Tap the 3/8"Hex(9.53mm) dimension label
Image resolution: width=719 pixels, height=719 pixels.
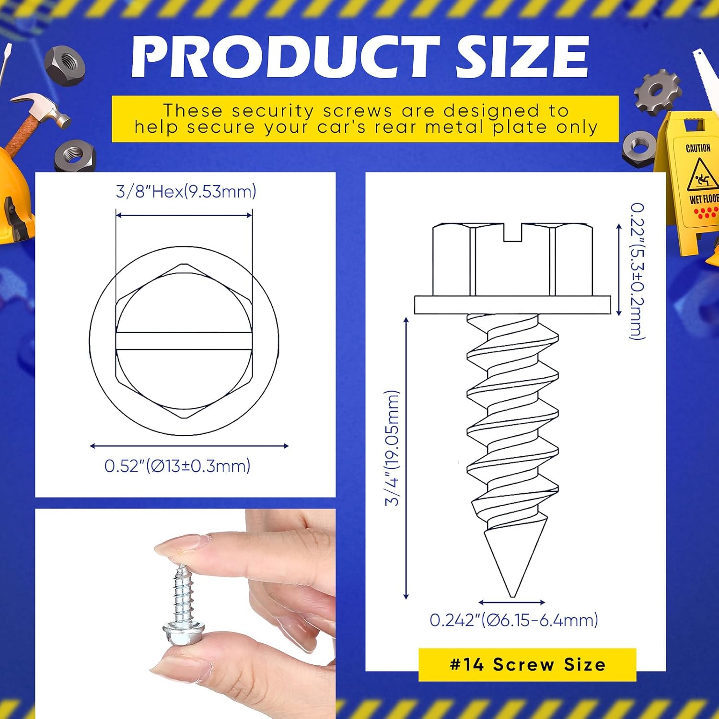pos(186,192)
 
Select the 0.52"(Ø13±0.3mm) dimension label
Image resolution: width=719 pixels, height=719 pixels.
pos(177,465)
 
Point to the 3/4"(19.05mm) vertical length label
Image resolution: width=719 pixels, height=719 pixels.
pos(392,448)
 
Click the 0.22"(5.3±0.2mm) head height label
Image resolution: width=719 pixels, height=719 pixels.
pos(637,271)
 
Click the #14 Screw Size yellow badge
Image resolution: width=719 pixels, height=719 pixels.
pos(527,664)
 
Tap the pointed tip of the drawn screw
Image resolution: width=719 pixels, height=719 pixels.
pos(513,596)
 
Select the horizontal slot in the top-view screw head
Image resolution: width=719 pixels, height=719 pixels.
pos(184,341)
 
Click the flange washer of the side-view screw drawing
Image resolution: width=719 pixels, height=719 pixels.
pos(512,305)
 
